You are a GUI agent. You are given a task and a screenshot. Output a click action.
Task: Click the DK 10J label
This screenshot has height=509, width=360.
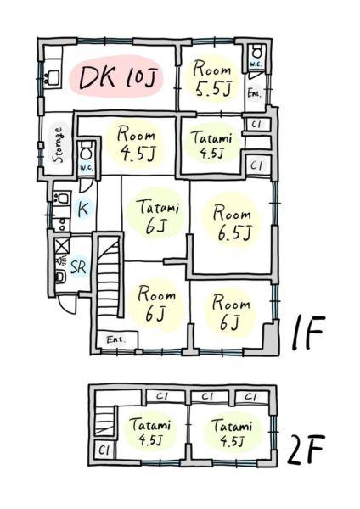115,77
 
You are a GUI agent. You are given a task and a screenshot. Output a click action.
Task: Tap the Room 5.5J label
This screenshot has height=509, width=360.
212,79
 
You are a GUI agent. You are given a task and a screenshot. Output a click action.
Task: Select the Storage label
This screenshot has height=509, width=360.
59,145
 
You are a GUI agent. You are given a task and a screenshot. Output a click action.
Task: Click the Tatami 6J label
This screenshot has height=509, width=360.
157,216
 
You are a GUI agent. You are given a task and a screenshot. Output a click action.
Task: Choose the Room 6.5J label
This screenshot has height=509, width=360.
233,224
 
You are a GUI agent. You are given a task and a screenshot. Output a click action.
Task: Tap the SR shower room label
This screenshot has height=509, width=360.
78,267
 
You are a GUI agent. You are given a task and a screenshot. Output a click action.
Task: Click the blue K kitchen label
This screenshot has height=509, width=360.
83,209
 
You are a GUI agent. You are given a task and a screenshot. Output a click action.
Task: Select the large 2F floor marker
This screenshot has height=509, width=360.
306,450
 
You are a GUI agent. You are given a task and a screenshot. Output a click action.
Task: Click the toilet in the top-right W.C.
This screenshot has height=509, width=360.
256,51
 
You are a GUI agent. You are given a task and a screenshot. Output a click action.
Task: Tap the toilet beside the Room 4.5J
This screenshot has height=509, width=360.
86,151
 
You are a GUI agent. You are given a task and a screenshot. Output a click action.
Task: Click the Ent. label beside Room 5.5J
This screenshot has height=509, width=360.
254,94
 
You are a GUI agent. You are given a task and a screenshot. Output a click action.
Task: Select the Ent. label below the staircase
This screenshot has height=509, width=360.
116,340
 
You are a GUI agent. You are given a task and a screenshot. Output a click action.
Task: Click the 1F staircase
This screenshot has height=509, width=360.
110,275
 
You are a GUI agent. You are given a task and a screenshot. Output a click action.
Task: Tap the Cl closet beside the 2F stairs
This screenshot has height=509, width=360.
104,450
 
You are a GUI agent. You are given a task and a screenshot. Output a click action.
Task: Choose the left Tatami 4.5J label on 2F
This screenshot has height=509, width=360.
149,432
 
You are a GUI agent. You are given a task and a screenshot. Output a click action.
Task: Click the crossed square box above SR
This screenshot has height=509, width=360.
62,246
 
